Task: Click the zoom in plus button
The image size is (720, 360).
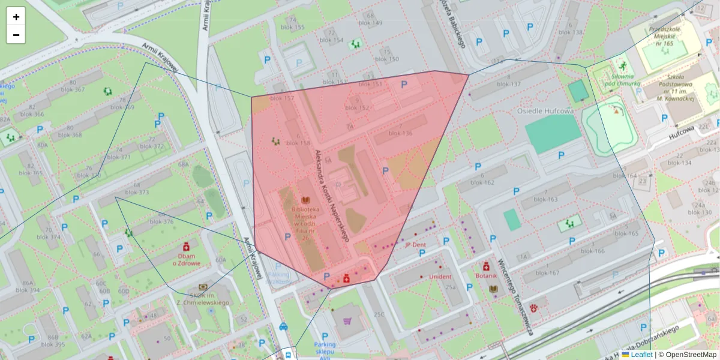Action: click(16, 17)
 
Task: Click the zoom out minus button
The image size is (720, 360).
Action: click(16, 35)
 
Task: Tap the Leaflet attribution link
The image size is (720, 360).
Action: click(641, 355)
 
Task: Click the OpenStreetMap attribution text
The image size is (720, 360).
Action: click(691, 355)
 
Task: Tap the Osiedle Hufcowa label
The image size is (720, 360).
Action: click(545, 111)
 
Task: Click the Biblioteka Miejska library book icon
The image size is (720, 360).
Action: click(305, 200)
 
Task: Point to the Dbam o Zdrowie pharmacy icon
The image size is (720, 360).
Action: click(186, 247)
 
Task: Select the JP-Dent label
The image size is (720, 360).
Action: click(415, 245)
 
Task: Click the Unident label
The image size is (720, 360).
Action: click(440, 277)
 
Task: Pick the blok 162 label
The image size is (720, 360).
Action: click(482, 182)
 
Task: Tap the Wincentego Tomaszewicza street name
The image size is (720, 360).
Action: click(515, 297)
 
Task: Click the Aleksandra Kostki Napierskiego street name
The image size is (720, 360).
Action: click(332, 196)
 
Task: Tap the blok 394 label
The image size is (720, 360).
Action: click(26, 290)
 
